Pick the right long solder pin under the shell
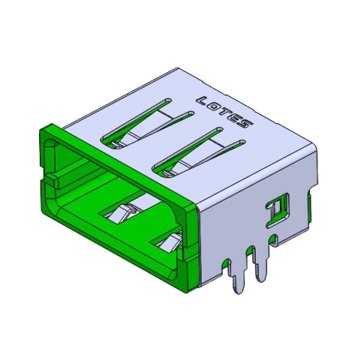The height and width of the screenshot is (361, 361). click(262, 267)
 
